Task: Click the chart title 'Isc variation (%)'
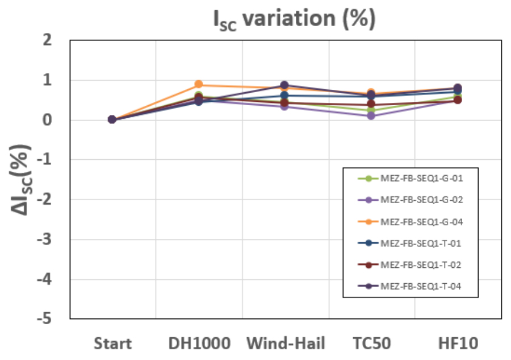(x=294, y=19)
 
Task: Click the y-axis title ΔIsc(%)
(x=22, y=180)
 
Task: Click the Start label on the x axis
(x=112, y=344)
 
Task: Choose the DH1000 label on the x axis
(x=199, y=344)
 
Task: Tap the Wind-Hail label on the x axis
(x=286, y=344)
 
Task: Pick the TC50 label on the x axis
(x=371, y=344)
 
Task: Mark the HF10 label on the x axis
(x=458, y=344)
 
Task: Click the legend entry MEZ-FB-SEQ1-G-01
(x=421, y=178)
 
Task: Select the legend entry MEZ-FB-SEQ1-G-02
(x=421, y=200)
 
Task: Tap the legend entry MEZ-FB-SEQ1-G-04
(x=421, y=221)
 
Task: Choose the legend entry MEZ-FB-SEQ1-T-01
(x=421, y=243)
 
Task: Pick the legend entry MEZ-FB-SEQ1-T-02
(x=421, y=264)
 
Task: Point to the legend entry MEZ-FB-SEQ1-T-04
(x=421, y=286)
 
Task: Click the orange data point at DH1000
(x=199, y=85)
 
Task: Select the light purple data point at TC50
(x=371, y=115)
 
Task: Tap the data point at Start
(x=112, y=119)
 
